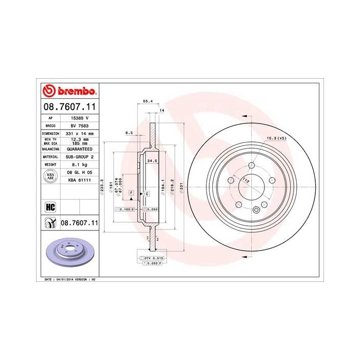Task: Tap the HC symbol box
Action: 50,207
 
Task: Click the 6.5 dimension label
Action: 129,133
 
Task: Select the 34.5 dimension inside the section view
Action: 152,161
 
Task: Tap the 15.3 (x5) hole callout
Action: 276,138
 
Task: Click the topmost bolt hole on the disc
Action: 251,166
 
